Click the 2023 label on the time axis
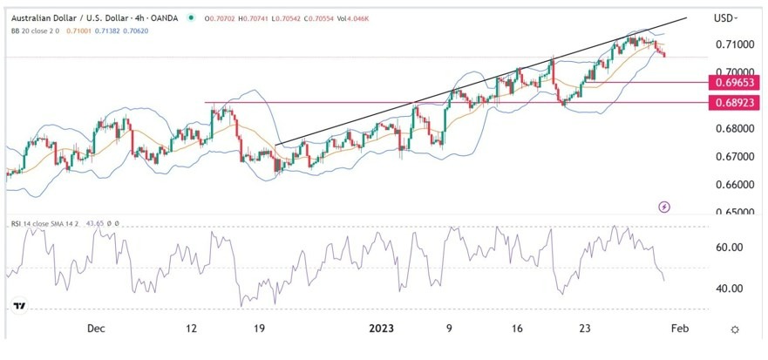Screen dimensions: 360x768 coord(382,329)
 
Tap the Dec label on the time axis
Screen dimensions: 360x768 coord(96,329)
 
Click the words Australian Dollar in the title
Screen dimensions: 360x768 coord(42,16)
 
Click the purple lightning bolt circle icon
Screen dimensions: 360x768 coord(665,207)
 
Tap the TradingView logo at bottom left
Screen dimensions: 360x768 coord(18,307)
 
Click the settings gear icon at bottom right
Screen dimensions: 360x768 coord(735,329)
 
